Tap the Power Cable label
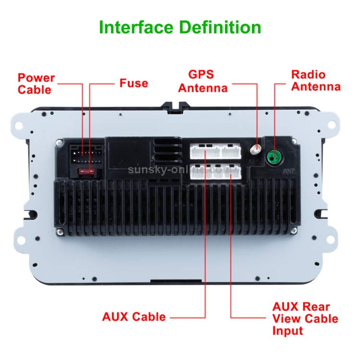coord(36,84)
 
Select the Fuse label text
coord(133,83)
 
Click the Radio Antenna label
coord(315,81)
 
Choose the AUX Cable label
coord(134,317)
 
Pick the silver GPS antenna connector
coord(257,150)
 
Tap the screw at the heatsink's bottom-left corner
coord(60,233)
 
